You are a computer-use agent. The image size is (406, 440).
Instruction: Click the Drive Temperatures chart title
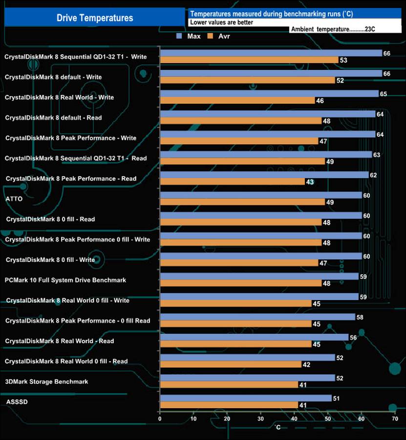[94, 18]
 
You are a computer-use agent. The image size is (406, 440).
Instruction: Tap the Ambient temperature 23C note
[333, 29]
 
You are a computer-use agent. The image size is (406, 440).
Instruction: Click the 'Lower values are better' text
[221, 22]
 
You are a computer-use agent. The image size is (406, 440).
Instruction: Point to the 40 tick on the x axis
[294, 418]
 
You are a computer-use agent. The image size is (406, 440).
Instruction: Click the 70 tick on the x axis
[395, 418]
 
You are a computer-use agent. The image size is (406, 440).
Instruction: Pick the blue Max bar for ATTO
[261, 195]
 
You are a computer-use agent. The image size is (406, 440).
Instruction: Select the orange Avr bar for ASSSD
[229, 405]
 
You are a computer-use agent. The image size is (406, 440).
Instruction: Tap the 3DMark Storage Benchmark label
[46, 381]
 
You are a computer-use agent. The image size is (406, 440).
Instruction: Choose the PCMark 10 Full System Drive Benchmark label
[65, 280]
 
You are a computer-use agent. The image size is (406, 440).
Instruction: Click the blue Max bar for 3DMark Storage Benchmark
[247, 378]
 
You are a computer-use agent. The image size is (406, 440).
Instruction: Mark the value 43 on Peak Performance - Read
[309, 182]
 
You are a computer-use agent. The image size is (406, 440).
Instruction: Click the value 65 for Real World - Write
[383, 93]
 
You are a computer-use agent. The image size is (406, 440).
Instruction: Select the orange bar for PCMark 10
[240, 283]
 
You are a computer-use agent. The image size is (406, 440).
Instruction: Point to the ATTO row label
[13, 199]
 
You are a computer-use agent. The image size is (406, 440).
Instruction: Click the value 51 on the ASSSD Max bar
[336, 398]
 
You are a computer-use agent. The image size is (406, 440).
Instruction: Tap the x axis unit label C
[278, 427]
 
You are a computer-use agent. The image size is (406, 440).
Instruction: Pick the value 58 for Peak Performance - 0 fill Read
[360, 317]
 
